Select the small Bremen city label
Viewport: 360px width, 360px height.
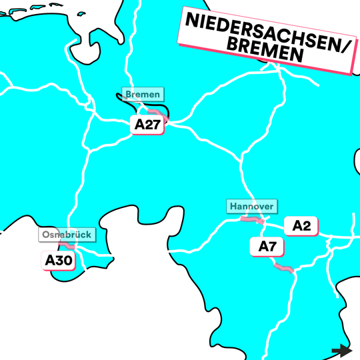pyautogui.click(x=142, y=94)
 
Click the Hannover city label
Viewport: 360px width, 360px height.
pyautogui.click(x=251, y=207)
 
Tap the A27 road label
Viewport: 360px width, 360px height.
pyautogui.click(x=147, y=125)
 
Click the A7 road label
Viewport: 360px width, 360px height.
pyautogui.click(x=267, y=247)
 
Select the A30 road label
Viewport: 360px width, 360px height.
pyautogui.click(x=59, y=261)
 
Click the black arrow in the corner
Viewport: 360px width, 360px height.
pyautogui.click(x=341, y=351)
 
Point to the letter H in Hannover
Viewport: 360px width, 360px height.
pyautogui.click(x=233, y=207)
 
